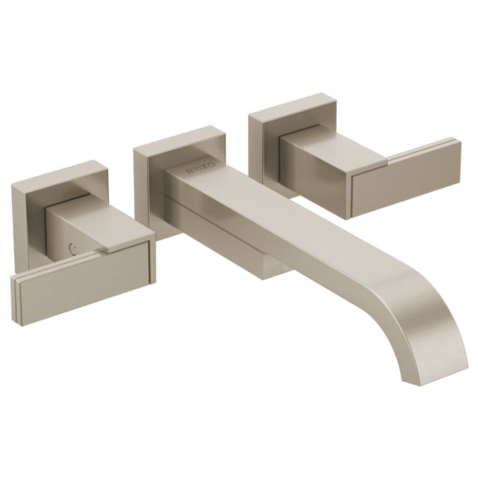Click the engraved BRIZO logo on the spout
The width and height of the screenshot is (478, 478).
[x=201, y=168]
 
